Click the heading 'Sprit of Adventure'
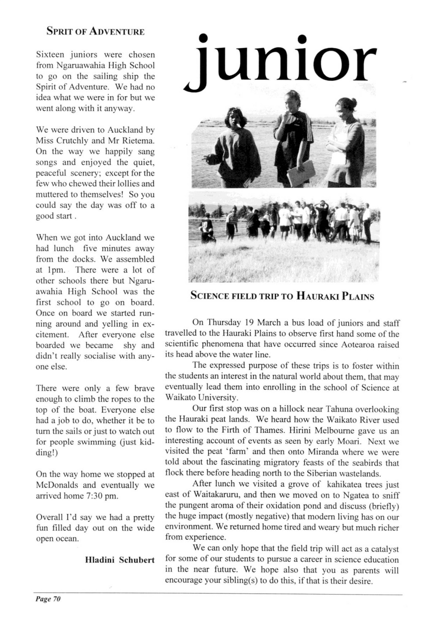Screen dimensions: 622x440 (95, 32)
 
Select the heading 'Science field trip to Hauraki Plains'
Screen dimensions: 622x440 (282, 296)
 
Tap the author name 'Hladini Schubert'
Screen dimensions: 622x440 (120, 560)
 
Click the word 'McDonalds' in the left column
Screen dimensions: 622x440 (54, 485)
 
